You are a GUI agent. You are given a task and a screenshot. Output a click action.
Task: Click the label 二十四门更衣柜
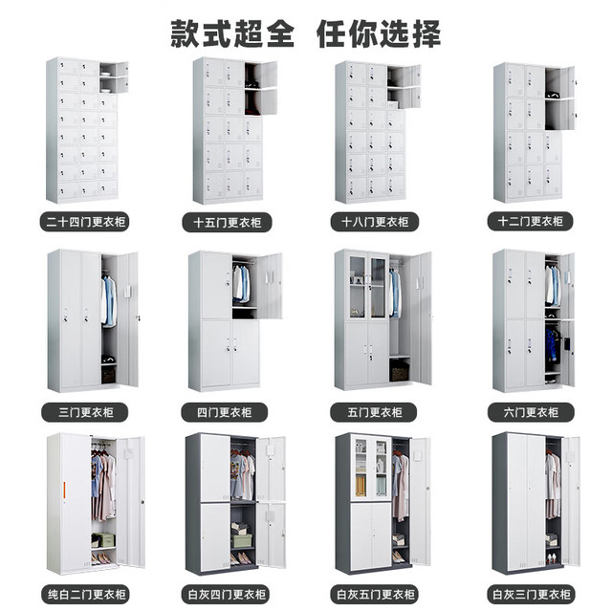coord(86,222)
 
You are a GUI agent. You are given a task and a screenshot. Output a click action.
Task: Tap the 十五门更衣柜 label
coord(228,223)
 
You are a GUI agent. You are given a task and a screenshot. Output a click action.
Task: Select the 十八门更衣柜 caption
coord(375,222)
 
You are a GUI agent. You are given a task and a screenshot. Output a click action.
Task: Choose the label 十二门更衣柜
coord(531,222)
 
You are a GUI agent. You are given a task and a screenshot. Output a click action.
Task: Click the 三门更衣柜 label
coord(86,412)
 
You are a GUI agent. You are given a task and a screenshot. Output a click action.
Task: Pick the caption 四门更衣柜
coord(225,412)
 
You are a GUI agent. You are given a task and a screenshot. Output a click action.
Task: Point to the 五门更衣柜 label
coord(375,412)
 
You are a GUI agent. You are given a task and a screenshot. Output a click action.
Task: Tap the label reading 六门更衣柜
coord(531,412)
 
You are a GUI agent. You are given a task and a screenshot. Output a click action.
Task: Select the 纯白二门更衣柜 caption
coord(87,595)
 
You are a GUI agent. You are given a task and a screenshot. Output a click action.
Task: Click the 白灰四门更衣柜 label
coord(227,595)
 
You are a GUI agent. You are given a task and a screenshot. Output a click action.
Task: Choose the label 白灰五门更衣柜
coord(376,595)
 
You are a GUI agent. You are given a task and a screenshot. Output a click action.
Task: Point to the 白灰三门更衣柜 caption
coord(532,595)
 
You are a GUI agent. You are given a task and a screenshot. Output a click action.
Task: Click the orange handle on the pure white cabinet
coord(64,491)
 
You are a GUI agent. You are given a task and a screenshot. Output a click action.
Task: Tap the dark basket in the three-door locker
coord(108,375)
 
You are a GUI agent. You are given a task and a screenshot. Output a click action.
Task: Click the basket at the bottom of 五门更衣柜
coord(400,371)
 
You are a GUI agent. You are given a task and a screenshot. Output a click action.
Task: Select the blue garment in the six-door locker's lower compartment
coord(553,344)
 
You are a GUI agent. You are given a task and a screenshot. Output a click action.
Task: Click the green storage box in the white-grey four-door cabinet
coord(242,540)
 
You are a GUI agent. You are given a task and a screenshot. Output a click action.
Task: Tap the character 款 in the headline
coord(186,34)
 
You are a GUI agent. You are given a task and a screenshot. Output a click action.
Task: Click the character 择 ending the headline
coord(426,34)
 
